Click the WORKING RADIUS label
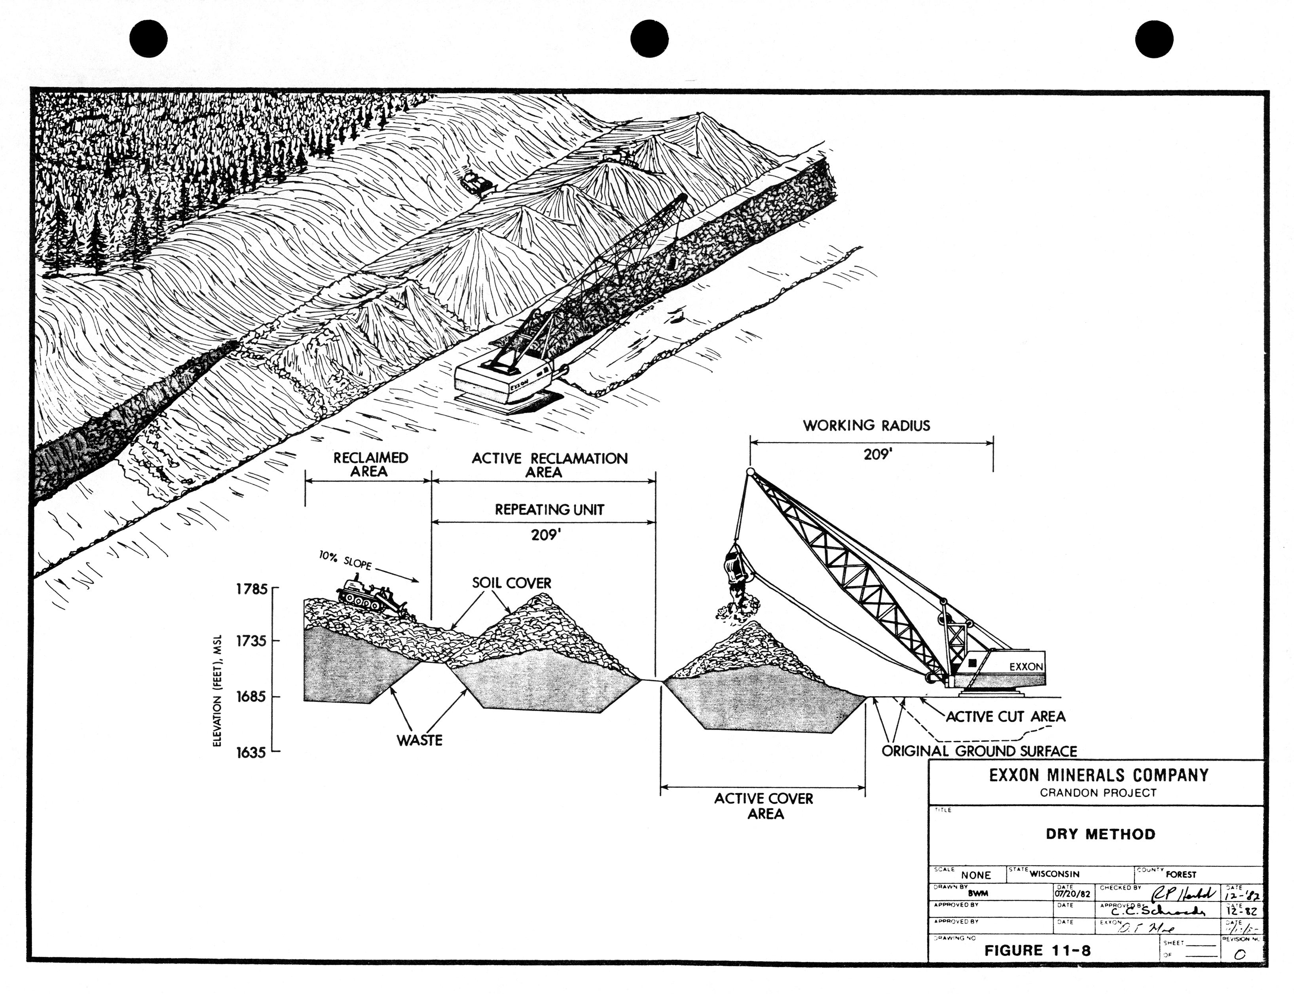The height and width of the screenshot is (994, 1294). click(x=866, y=425)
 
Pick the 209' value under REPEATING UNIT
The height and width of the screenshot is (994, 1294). click(x=545, y=535)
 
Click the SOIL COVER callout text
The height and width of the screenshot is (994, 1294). click(x=511, y=583)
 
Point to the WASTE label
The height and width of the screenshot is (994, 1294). click(x=419, y=740)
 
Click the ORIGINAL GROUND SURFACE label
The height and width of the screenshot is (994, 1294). click(x=979, y=751)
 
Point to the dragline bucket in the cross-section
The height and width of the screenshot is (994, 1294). click(x=736, y=567)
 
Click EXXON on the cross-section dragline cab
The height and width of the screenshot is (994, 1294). click(x=1026, y=667)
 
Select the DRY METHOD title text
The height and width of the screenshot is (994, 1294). click(x=1100, y=834)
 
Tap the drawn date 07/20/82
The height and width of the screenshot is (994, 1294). click(x=1072, y=893)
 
